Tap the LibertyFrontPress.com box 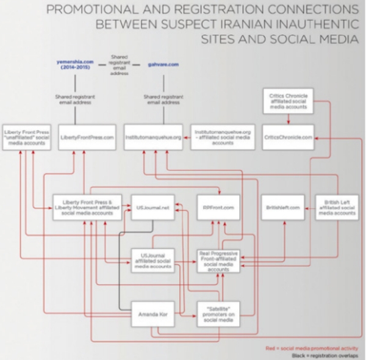pos(87,138)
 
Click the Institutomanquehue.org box pos(153,138)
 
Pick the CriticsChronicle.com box pos(288,138)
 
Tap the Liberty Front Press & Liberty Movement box pos(87,207)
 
